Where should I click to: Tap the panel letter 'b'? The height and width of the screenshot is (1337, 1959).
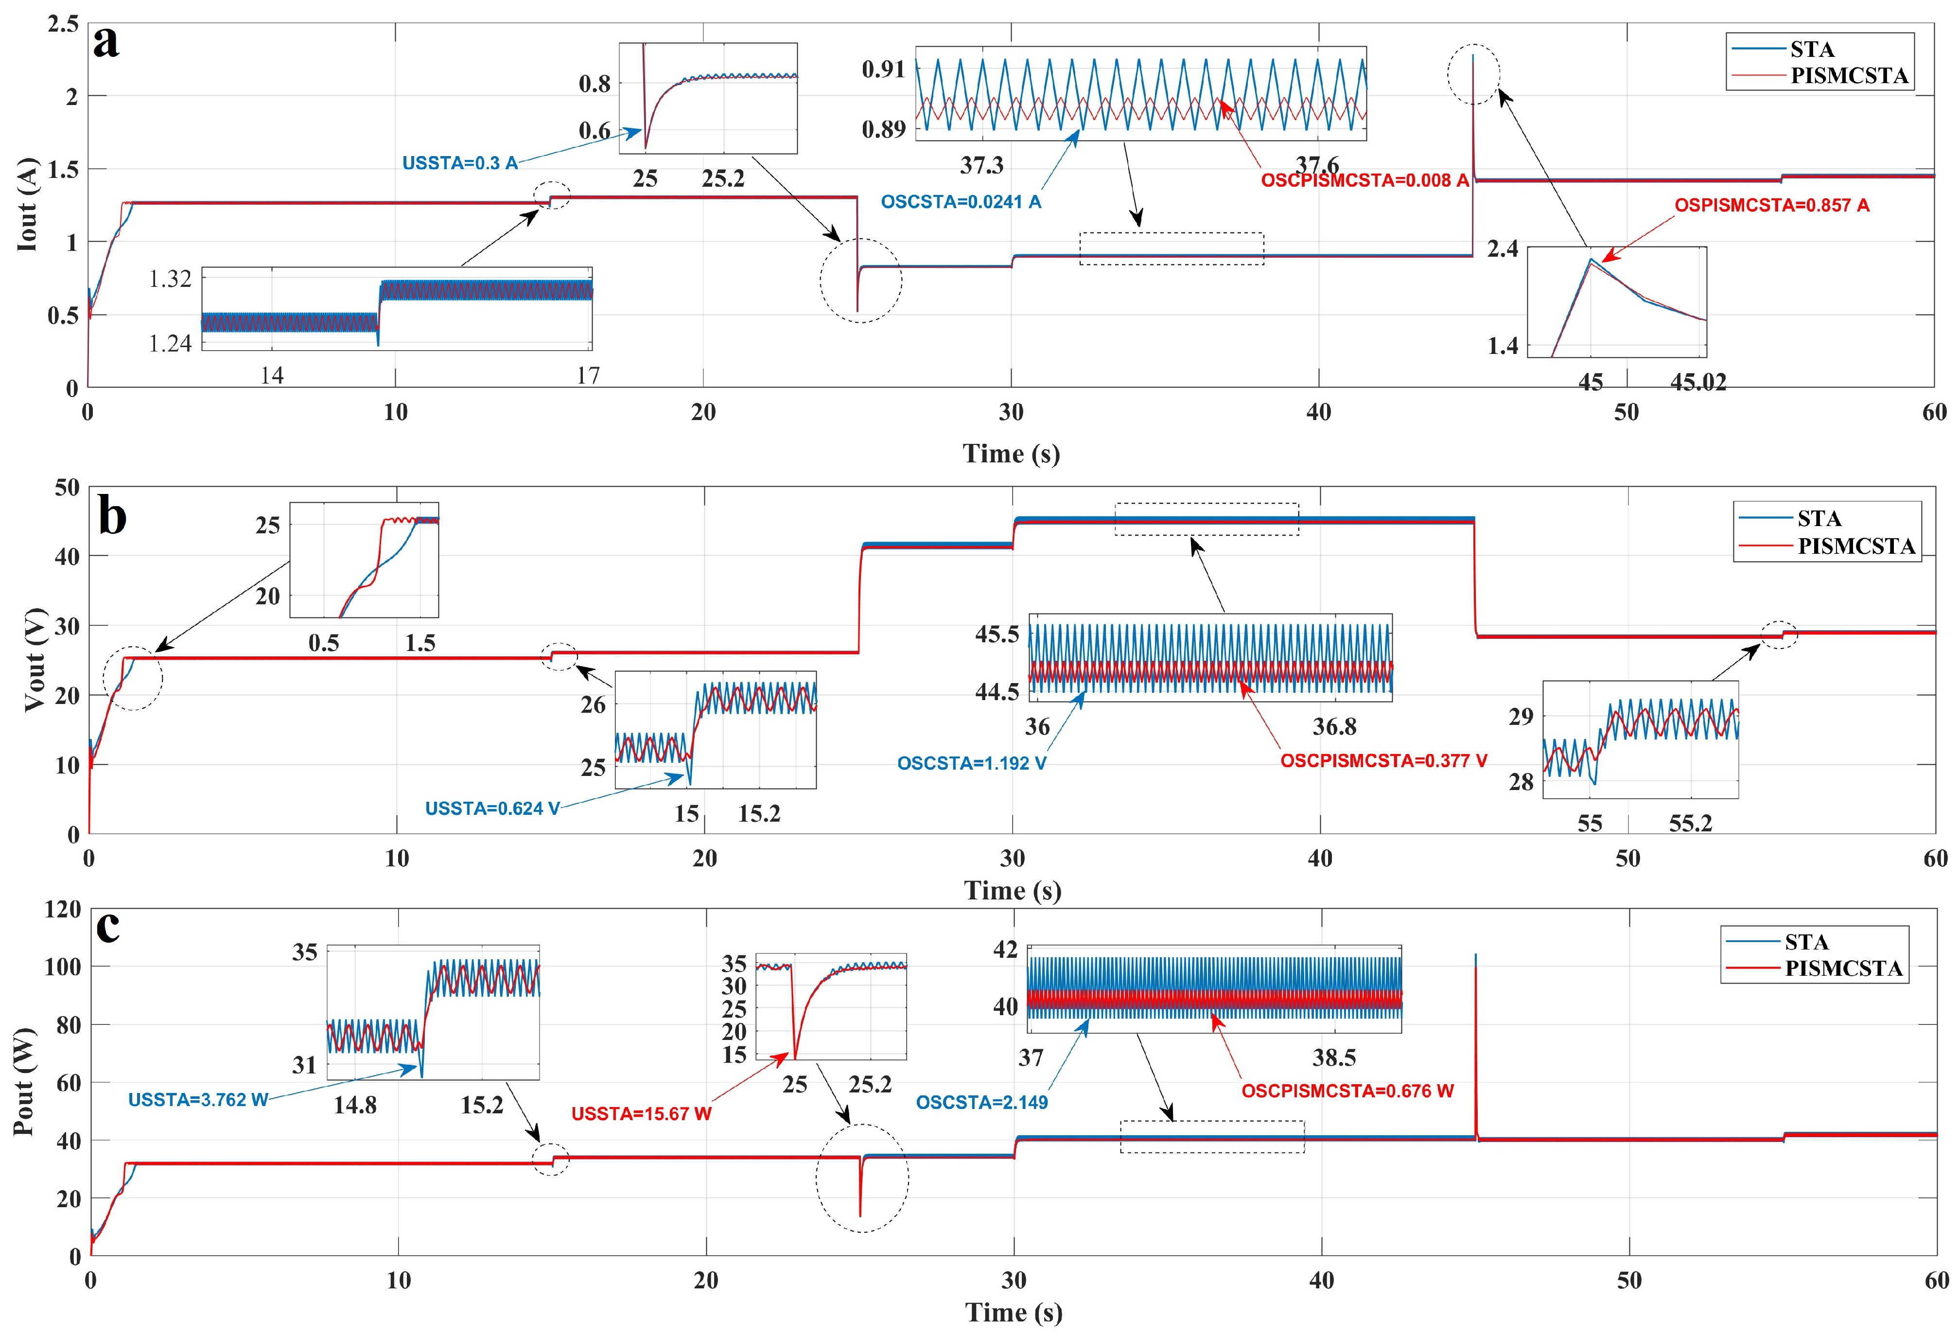point(112,516)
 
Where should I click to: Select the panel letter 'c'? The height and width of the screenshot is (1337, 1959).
point(108,927)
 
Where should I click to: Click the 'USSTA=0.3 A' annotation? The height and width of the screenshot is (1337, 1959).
point(459,163)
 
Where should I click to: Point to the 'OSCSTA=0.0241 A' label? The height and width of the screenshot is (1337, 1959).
point(960,202)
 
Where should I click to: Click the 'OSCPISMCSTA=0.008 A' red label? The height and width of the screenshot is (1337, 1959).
point(1364,180)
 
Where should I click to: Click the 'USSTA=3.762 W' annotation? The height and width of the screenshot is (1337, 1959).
point(197,1100)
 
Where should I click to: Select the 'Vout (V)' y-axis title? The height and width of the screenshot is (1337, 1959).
point(34,660)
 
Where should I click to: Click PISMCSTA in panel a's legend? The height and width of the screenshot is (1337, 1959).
point(1849,76)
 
